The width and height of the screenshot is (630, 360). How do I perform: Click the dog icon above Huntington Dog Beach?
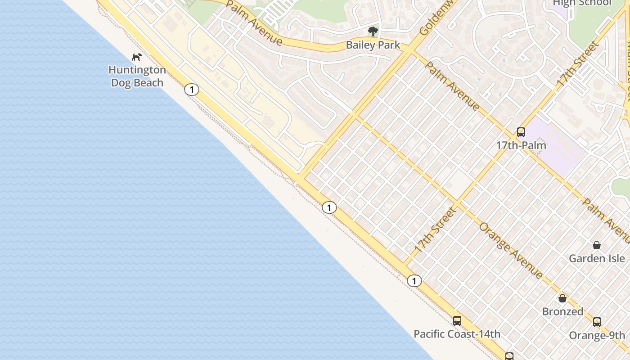coord(137,57)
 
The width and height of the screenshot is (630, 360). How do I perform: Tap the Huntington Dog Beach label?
coord(137,76)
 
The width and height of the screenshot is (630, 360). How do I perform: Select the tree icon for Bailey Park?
coord(373,31)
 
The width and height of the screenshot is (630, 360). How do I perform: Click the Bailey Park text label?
coord(373,45)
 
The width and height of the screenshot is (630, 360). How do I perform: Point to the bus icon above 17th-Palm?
coord(521,132)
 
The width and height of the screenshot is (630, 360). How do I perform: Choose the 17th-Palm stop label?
coord(521,145)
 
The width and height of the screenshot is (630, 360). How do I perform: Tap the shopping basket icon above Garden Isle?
coord(597,245)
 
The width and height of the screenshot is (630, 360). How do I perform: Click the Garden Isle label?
coord(597,258)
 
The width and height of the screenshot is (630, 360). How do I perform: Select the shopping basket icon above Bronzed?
coord(562,298)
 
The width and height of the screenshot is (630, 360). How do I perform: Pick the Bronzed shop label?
coord(562,311)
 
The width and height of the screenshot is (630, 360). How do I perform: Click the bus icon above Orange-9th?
coord(597,322)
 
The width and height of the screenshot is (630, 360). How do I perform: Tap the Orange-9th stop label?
coord(597,335)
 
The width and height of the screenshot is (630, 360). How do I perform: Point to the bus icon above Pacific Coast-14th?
coord(457,321)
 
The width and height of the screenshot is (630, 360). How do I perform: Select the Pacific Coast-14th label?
coord(457,334)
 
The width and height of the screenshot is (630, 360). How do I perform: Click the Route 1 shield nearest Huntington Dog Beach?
coord(192,90)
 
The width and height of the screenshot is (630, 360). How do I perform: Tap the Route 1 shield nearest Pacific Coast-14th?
coord(414,281)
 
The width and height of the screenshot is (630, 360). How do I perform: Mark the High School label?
coord(582,3)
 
